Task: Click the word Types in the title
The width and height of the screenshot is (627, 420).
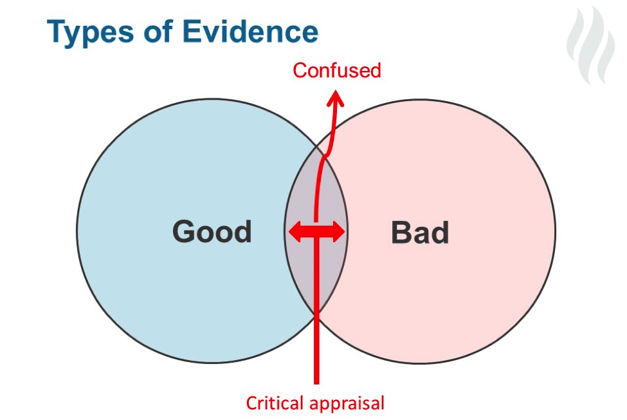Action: coord(91,32)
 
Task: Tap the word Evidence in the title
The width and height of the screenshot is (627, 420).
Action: coord(250,31)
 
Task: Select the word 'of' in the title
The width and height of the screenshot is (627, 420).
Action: coord(158,31)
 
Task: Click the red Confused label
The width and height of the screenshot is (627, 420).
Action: coord(337,70)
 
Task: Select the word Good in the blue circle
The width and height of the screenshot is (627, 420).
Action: coord(212,231)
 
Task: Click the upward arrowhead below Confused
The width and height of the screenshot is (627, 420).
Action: coord(335,98)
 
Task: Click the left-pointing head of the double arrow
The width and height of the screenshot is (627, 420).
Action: coord(295,231)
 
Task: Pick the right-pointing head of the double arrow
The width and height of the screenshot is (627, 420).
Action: coord(338,231)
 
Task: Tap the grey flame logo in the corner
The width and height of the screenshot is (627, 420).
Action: coord(590,45)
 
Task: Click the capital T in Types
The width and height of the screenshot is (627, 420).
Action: coord(57,31)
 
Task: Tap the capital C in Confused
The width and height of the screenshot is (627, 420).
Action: coord(298,70)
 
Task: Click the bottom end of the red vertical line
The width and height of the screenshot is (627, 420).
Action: coord(316,383)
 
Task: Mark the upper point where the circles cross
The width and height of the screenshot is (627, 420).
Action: coord(316,146)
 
